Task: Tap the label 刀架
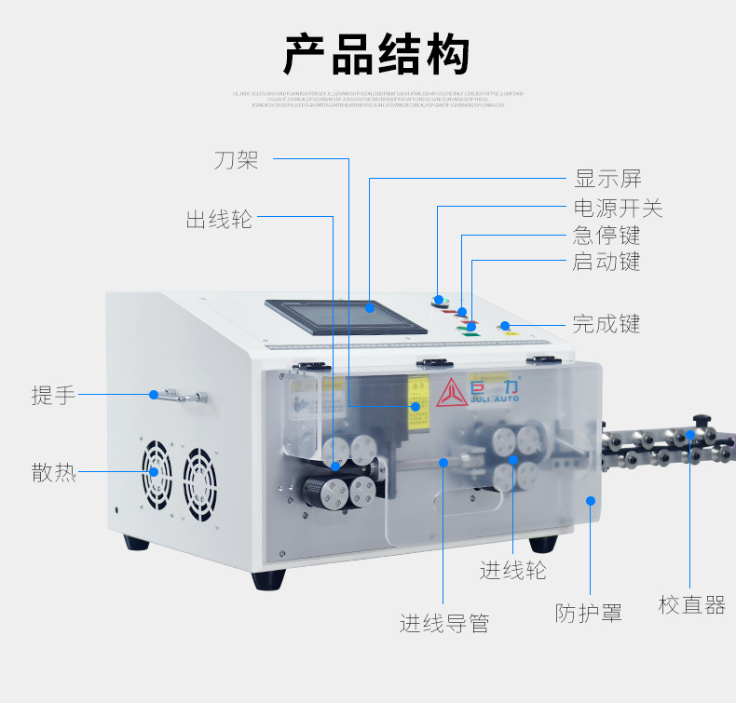tap(236, 160)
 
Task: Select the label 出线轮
tap(219, 220)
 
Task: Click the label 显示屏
tap(607, 179)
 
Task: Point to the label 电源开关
tap(618, 207)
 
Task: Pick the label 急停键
tap(607, 235)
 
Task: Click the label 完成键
tap(607, 324)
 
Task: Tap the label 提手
tap(53, 395)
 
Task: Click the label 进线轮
tap(512, 569)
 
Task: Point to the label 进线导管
tap(444, 623)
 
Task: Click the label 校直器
tap(691, 605)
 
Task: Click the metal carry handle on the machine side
tap(181, 397)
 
